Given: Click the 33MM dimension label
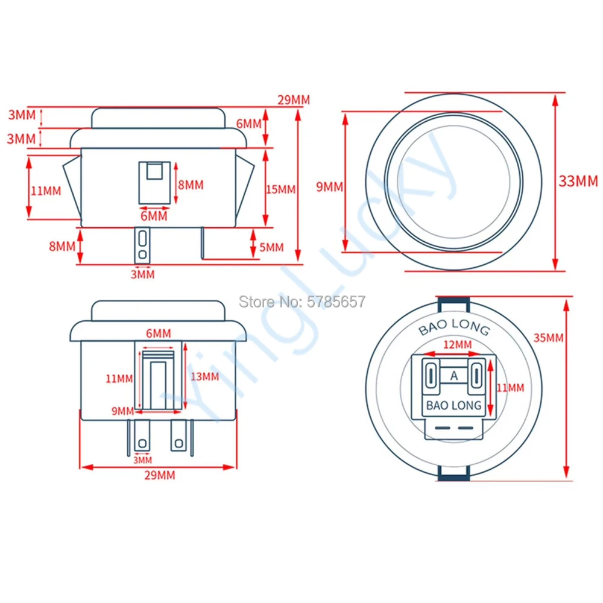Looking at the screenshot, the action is [x=578, y=181].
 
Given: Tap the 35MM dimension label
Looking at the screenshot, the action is [x=548, y=338].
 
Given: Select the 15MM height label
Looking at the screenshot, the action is [x=281, y=189].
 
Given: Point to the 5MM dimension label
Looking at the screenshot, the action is [x=271, y=247].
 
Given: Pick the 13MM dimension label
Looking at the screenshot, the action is [x=204, y=376].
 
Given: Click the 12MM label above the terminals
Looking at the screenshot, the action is [x=457, y=344].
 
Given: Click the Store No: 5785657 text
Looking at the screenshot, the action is [x=302, y=301].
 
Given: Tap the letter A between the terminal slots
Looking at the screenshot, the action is [x=454, y=375].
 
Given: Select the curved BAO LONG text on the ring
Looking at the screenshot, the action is [x=454, y=326].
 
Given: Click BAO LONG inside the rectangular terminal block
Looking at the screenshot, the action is [x=454, y=405].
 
